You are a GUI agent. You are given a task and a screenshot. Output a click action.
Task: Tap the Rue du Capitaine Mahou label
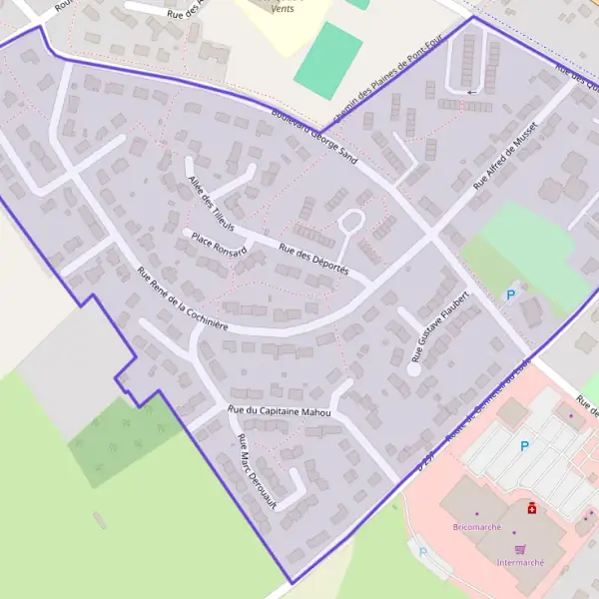(279, 410)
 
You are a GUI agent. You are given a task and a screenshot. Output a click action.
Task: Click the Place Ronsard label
(219, 243)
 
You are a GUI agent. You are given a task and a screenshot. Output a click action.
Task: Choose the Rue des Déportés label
(313, 261)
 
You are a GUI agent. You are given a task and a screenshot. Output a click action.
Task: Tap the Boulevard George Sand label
(312, 136)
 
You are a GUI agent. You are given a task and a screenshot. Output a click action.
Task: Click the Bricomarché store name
(476, 526)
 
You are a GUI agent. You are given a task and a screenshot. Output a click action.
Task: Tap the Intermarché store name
(520, 562)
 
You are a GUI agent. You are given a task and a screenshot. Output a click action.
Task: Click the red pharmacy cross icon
(532, 508)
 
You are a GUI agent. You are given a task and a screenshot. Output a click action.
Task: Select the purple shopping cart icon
(519, 548)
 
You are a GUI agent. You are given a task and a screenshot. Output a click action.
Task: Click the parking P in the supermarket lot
(524, 446)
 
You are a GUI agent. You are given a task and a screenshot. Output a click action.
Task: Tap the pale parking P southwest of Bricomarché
(422, 551)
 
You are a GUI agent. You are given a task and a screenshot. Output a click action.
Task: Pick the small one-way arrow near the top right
(470, 92)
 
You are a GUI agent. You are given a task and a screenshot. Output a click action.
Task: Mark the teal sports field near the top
(328, 60)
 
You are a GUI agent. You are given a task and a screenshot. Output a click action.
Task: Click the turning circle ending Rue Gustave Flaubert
(413, 368)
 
